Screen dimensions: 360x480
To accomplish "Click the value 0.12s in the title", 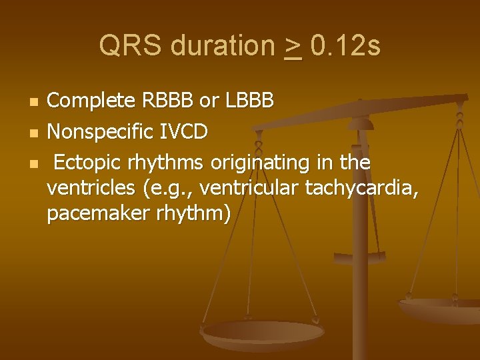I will tap(346, 47).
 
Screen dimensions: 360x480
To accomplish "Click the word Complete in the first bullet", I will tap(93, 102).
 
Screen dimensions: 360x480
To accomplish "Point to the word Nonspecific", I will tap(103, 132).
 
